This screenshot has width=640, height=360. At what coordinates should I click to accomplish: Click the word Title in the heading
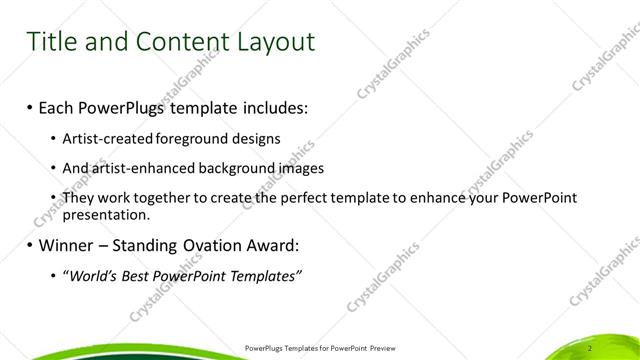[x=52, y=42]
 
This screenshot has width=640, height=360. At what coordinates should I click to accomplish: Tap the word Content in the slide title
[x=176, y=42]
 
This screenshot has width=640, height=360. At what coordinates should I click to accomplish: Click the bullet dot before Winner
[x=30, y=246]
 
